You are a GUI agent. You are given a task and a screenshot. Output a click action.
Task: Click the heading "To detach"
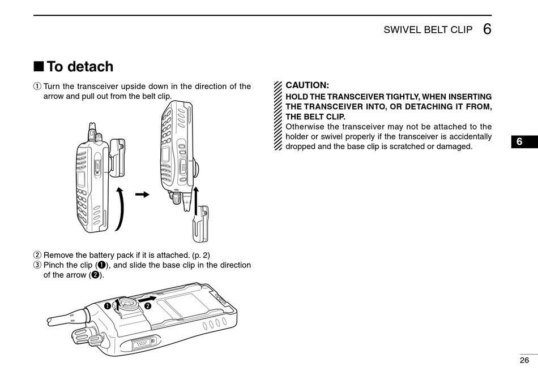[x=80, y=67]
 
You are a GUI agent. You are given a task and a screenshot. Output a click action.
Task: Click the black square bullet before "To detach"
[x=39, y=67]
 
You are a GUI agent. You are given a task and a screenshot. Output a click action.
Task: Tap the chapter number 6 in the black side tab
[x=524, y=142]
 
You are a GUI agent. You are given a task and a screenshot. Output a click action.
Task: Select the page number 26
[x=524, y=360]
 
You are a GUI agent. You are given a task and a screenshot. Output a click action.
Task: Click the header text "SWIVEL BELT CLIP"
[x=428, y=30]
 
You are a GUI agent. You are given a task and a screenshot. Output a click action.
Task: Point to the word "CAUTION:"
[x=307, y=85]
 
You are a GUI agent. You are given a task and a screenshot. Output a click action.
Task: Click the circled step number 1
[x=37, y=87]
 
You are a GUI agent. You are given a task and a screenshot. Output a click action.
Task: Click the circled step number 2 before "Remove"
[x=37, y=256]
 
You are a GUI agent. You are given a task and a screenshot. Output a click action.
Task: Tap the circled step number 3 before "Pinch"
[x=37, y=265]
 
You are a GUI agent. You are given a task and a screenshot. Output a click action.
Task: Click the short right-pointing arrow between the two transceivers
[x=143, y=195]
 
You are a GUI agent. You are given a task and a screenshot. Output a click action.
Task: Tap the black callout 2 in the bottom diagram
[x=148, y=306]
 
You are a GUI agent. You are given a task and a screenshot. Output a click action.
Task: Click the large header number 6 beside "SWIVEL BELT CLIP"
[x=487, y=29]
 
